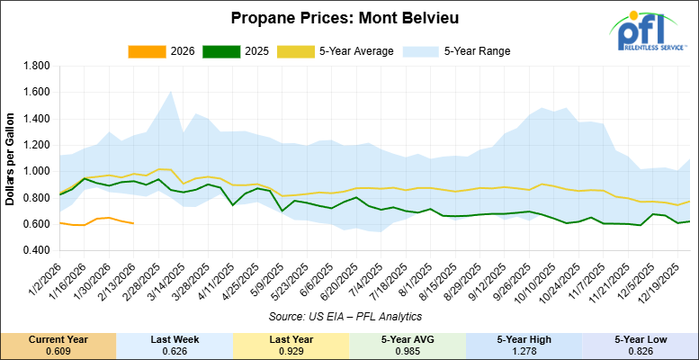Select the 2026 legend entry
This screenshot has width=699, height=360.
pos(164,50)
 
